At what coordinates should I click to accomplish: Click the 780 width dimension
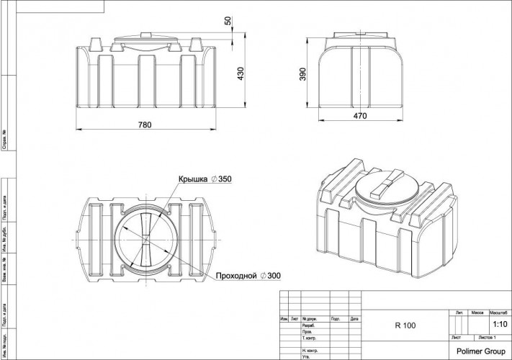tap(145, 125)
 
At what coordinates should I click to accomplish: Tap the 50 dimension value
tap(229, 21)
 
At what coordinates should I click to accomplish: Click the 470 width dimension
tap(360, 115)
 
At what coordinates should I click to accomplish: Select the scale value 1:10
tap(498, 325)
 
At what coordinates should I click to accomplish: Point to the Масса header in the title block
tap(477, 314)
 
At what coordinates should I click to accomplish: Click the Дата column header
tap(354, 318)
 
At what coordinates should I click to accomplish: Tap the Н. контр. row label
tap(311, 349)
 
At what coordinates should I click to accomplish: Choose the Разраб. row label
tap(310, 325)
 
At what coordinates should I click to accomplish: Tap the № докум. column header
tap(311, 318)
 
